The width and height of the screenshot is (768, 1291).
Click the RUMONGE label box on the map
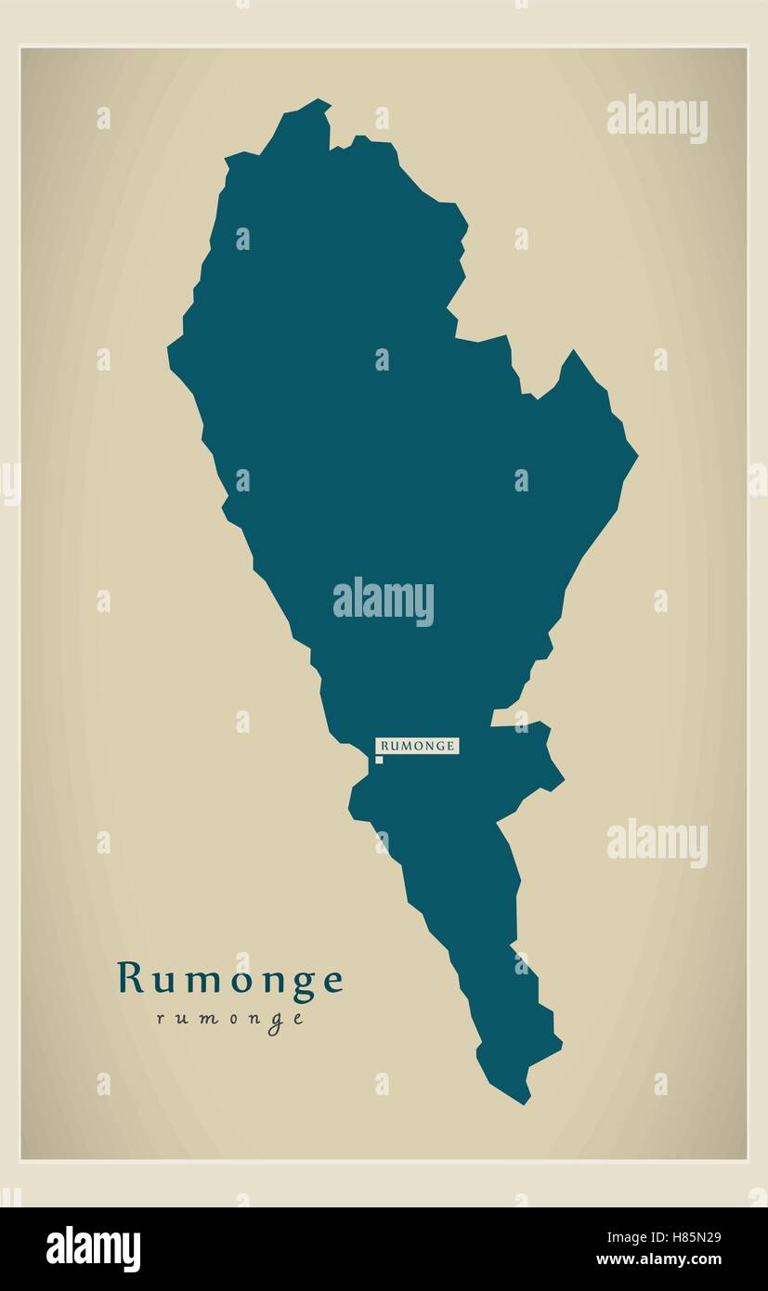point(417,746)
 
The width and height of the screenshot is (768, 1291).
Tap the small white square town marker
point(379,760)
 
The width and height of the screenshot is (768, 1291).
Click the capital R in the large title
point(130,978)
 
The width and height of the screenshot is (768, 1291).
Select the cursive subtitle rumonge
point(230,1019)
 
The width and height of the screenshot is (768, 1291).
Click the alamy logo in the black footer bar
point(93,1248)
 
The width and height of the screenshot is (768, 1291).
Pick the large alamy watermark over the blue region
point(384,602)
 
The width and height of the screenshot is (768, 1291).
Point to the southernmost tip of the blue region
point(525,1103)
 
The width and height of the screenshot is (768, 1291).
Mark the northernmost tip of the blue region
point(320,99)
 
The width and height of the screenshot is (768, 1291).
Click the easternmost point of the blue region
point(637,455)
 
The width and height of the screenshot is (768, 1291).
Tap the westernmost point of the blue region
point(168,349)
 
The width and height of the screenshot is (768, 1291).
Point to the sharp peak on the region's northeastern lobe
point(573,351)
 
